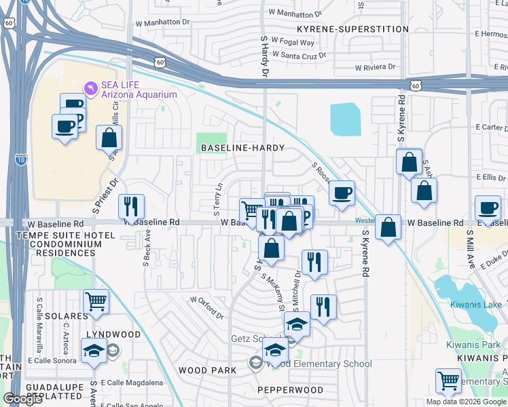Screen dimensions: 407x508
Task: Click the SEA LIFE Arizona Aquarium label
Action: click(x=139, y=90)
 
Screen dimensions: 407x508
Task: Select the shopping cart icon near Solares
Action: click(x=96, y=301)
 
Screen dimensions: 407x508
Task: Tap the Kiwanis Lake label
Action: click(x=475, y=305)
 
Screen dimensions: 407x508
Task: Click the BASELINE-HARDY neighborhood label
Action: click(x=241, y=147)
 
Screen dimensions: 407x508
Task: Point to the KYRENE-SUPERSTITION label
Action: click(x=353, y=29)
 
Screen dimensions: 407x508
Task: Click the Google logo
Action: click(x=22, y=399)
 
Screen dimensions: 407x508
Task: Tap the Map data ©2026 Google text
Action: click(x=466, y=402)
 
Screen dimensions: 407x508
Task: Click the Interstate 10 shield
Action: click(x=20, y=160)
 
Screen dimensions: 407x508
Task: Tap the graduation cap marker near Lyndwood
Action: click(x=94, y=351)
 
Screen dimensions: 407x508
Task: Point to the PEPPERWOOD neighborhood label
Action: click(x=290, y=390)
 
